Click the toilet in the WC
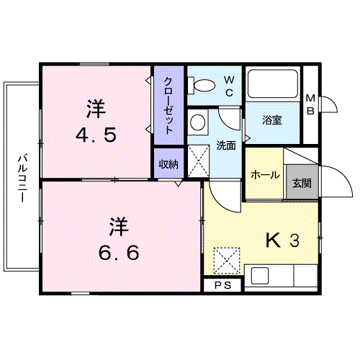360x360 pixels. [202, 85]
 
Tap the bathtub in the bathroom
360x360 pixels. [273, 84]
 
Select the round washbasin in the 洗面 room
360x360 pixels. [197, 122]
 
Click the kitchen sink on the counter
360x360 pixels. [260, 275]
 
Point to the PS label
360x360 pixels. [222, 285]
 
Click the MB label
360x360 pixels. [310, 104]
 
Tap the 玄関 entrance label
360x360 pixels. [302, 184]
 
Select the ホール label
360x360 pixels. [265, 175]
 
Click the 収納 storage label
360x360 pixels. [168, 164]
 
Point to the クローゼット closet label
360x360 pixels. [168, 106]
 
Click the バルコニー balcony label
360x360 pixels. [22, 179]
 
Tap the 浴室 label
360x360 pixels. [272, 120]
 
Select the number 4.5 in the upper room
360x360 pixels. [96, 135]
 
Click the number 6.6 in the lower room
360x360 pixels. [119, 253]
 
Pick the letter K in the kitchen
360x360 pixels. [273, 240]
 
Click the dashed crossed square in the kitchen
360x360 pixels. [227, 261]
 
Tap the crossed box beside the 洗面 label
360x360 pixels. [198, 161]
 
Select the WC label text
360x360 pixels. [229, 86]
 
